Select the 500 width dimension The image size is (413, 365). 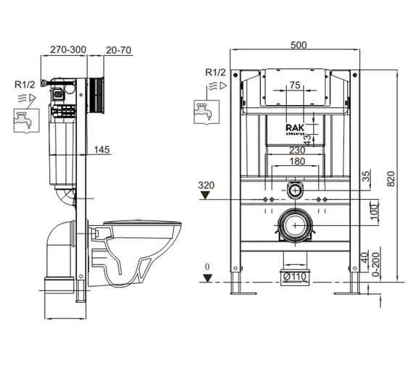pyautogui.click(x=298, y=45)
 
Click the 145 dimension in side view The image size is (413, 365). pyautogui.click(x=102, y=150)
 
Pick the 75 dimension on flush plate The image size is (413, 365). pyautogui.click(x=295, y=86)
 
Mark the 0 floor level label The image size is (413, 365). pyautogui.click(x=207, y=267)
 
